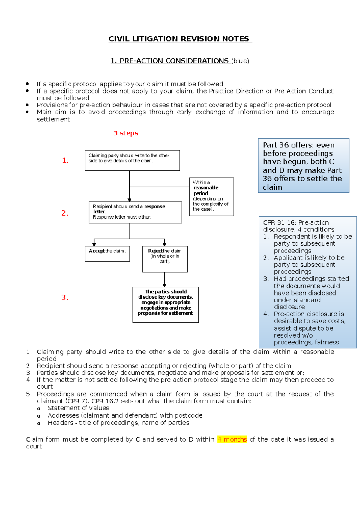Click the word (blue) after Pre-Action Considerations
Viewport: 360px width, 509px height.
pyautogui.click(x=240, y=61)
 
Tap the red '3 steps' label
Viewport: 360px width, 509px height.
pyautogui.click(x=126, y=133)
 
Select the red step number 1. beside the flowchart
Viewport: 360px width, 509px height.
pyautogui.click(x=65, y=161)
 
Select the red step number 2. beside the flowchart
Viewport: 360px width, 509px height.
pyautogui.click(x=65, y=213)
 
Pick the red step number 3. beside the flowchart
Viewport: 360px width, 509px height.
pyautogui.click(x=65, y=298)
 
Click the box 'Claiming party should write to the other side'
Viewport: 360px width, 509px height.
pyautogui.click(x=132, y=160)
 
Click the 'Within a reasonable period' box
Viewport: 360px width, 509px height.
pyautogui.click(x=211, y=196)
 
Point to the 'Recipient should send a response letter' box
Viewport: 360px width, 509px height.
pyautogui.click(x=135, y=212)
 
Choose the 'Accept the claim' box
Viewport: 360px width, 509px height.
pyautogui.click(x=107, y=254)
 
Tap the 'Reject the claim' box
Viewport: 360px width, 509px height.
pyautogui.click(x=165, y=259)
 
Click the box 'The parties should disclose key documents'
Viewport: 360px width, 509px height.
pyautogui.click(x=165, y=304)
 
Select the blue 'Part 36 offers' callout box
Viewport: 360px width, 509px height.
pyautogui.click(x=303, y=166)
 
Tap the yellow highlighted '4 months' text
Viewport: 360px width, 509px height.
pyautogui.click(x=232, y=439)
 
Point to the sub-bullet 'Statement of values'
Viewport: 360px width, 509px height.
pyautogui.click(x=78, y=408)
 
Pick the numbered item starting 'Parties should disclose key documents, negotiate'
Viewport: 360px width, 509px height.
pyautogui.click(x=170, y=373)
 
